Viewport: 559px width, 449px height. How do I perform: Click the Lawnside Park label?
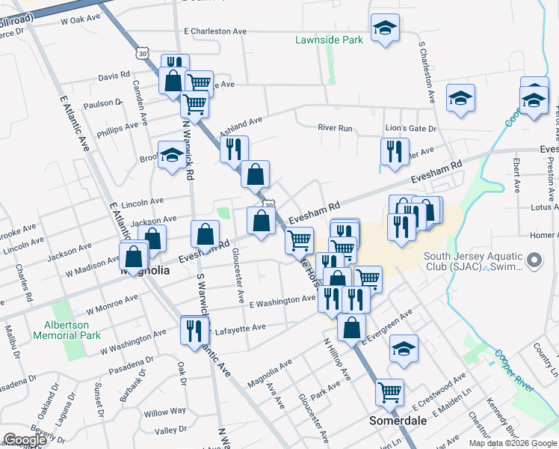click(x=329, y=40)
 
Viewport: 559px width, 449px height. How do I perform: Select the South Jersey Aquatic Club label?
click(x=472, y=262)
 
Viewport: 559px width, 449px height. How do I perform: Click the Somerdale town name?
click(x=398, y=421)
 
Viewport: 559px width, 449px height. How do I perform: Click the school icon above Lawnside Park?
click(x=386, y=28)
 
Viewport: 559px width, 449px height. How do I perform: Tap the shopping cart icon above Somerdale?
click(x=389, y=391)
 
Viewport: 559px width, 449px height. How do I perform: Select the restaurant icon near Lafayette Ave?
click(x=195, y=329)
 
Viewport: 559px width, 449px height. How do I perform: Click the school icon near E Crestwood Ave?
click(x=404, y=349)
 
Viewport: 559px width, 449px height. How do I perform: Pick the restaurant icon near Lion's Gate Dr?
click(x=394, y=151)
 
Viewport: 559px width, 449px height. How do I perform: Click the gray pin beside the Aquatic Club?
click(x=534, y=261)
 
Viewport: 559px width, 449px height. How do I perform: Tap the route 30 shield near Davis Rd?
click(x=143, y=53)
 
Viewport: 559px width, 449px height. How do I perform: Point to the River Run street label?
click(x=335, y=128)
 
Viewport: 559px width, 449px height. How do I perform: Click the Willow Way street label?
click(x=165, y=412)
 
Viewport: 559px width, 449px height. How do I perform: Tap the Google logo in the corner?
click(x=24, y=440)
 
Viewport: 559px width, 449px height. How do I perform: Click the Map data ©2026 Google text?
click(x=512, y=443)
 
